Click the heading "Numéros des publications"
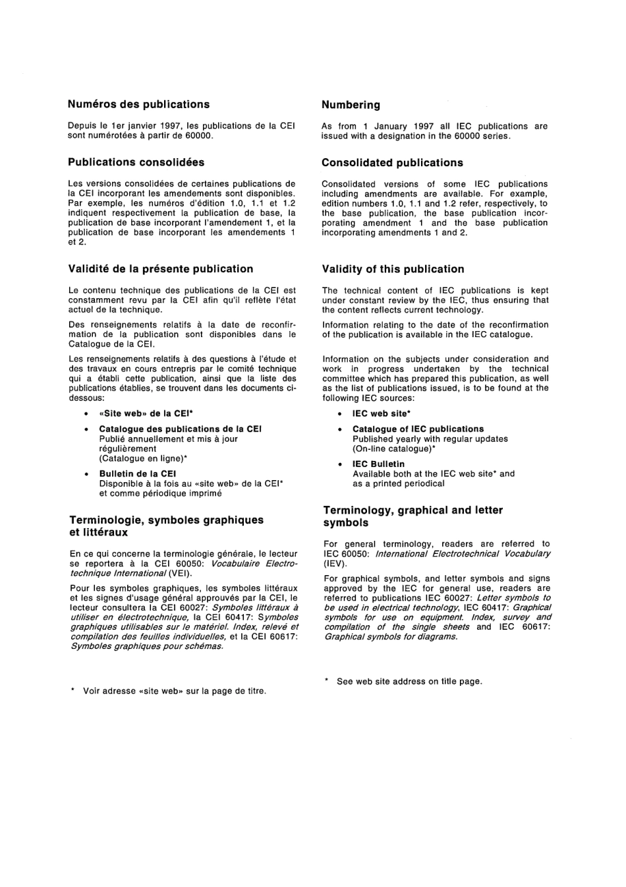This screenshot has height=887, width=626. click(x=138, y=104)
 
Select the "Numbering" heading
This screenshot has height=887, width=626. click(x=351, y=105)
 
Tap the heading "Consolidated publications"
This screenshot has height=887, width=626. click(x=392, y=163)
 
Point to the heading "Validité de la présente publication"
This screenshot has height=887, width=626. click(x=161, y=269)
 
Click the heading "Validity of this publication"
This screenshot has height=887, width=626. click(x=393, y=269)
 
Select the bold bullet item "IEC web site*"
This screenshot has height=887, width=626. click(x=382, y=413)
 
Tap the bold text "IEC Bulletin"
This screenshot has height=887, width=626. click(x=378, y=464)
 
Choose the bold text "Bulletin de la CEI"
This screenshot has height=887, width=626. click(x=137, y=474)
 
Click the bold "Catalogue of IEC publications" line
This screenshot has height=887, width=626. click(x=418, y=429)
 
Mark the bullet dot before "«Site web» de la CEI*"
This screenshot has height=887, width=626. click(x=86, y=414)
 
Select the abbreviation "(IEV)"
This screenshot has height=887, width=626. click(x=335, y=564)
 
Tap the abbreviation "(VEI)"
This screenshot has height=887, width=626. click(x=181, y=573)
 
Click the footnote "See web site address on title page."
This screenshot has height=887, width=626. click(x=409, y=681)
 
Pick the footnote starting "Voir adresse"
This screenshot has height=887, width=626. click(x=174, y=691)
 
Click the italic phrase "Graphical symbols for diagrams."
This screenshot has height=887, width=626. click(x=391, y=636)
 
